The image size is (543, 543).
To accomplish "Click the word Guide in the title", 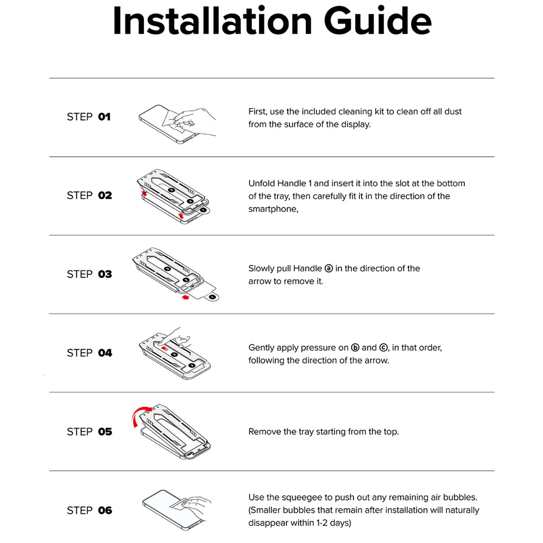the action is pyautogui.click(x=378, y=22).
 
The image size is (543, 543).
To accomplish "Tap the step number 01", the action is pyautogui.click(x=104, y=117).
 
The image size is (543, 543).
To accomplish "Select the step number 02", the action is pyautogui.click(x=105, y=195).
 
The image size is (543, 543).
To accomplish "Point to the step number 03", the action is pyautogui.click(x=105, y=274).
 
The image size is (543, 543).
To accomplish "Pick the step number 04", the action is pyautogui.click(x=105, y=353).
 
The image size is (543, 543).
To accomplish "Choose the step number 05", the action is pyautogui.click(x=105, y=432).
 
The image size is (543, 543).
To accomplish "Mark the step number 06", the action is pyautogui.click(x=105, y=510).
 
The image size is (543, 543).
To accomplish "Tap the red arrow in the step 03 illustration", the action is pyautogui.click(x=186, y=297).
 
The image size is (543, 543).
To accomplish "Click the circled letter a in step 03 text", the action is pyautogui.click(x=329, y=268).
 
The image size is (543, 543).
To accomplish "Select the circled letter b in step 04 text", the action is pyautogui.click(x=355, y=348).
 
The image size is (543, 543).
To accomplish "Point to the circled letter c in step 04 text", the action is pyautogui.click(x=383, y=348).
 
